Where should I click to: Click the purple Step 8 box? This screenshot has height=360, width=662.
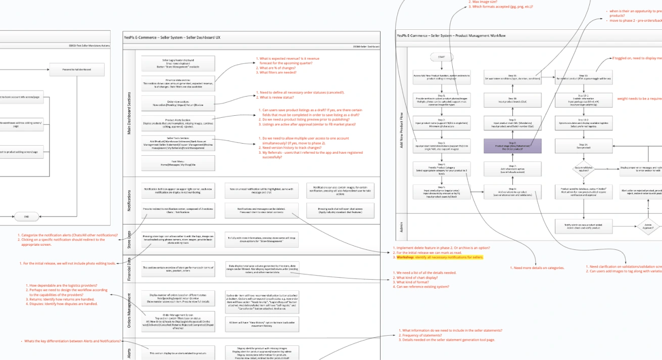tap(512, 146)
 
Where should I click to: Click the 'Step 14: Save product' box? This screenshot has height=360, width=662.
tap(583, 146)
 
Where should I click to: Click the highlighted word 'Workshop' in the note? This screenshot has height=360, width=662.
tap(405, 257)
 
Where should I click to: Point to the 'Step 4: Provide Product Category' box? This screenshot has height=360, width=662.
tap(442, 168)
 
